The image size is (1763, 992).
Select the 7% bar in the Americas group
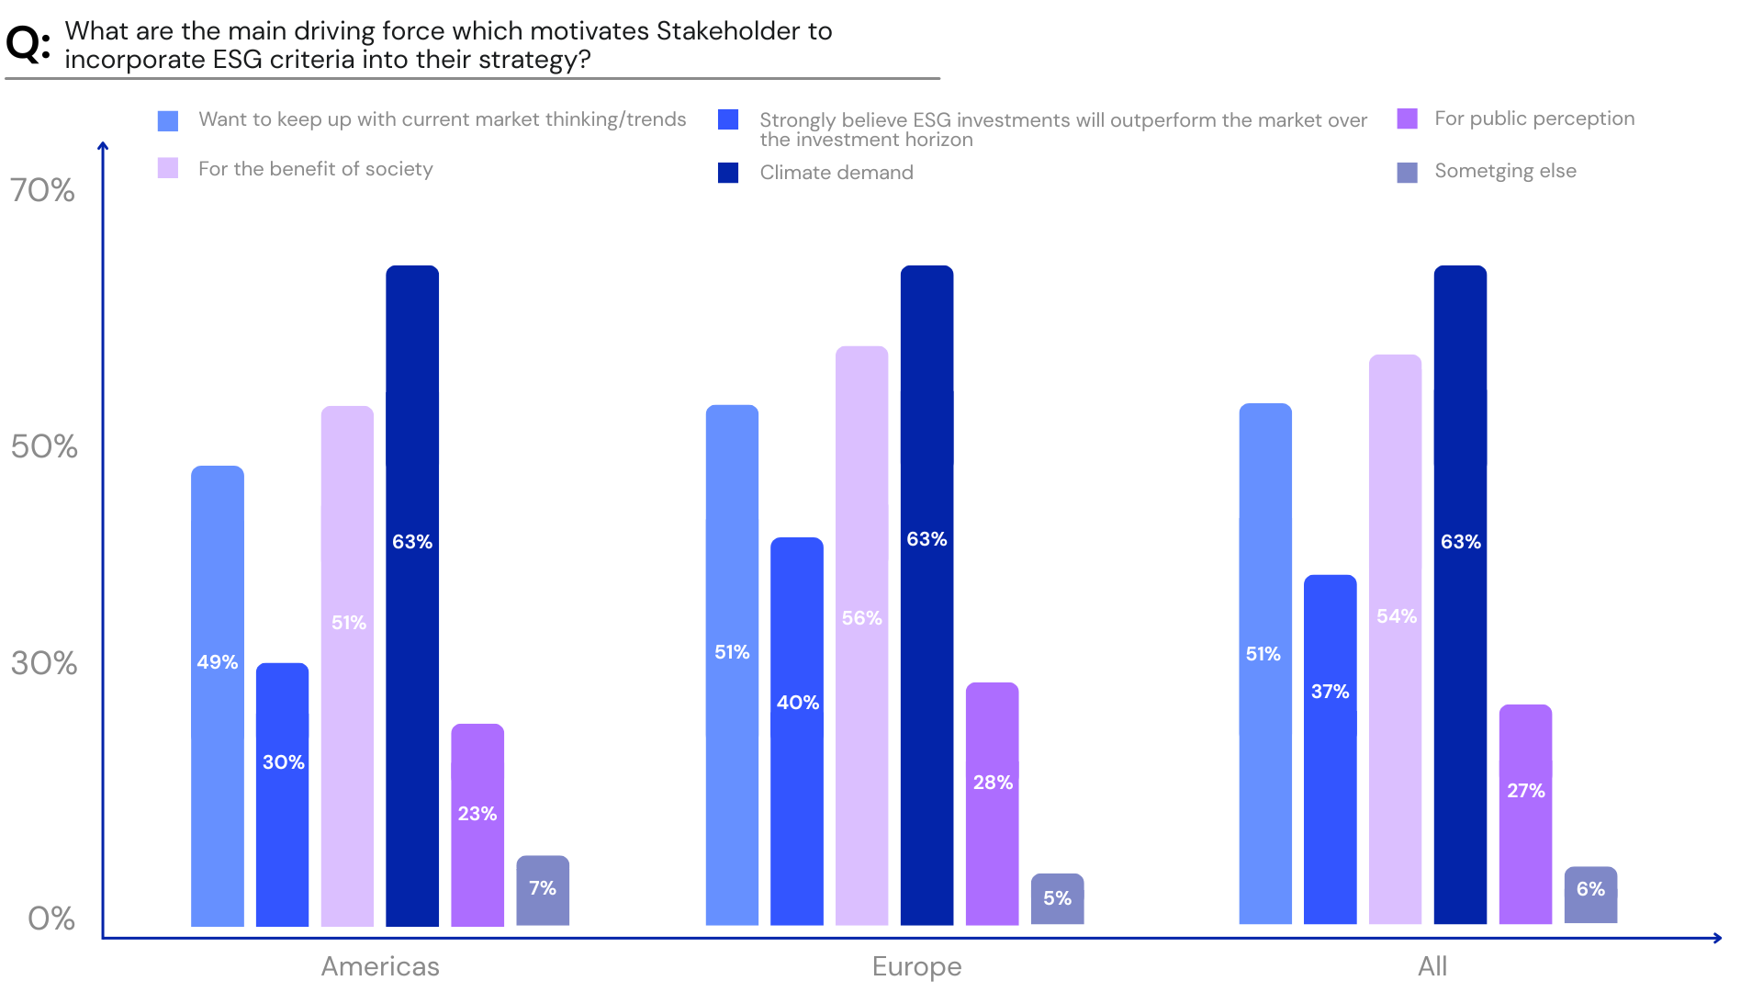click(x=543, y=890)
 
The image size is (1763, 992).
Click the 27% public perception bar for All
click(x=1525, y=814)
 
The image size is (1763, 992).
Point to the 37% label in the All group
click(x=1330, y=692)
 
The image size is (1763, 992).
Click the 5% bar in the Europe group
click(x=1057, y=899)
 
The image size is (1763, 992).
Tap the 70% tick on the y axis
click(x=42, y=190)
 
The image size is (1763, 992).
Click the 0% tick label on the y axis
click(x=51, y=919)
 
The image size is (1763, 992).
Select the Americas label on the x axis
click(x=380, y=966)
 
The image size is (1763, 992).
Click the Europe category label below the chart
click(x=916, y=966)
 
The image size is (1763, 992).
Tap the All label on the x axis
click(x=1432, y=966)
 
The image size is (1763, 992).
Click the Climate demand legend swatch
click(x=728, y=173)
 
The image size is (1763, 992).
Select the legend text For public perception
click(x=1534, y=118)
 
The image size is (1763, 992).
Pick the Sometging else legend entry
click(x=1504, y=171)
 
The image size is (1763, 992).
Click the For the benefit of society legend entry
click(x=315, y=169)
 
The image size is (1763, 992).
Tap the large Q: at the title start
click(x=28, y=43)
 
